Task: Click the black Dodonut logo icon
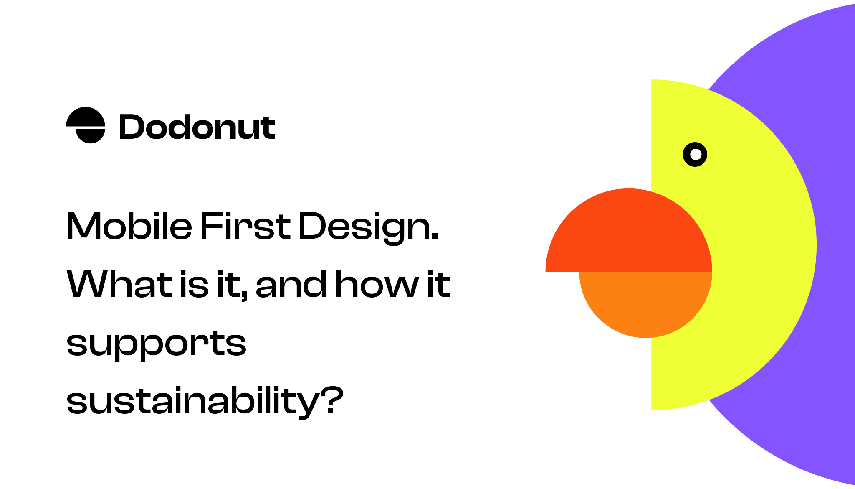click(x=86, y=125)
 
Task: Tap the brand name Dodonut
click(x=197, y=127)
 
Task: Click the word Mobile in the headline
click(x=129, y=226)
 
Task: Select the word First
click(x=245, y=226)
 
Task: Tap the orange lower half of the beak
click(x=645, y=303)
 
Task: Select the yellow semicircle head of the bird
click(x=760, y=251)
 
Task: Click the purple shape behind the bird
click(x=831, y=125)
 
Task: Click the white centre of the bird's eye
click(x=695, y=155)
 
